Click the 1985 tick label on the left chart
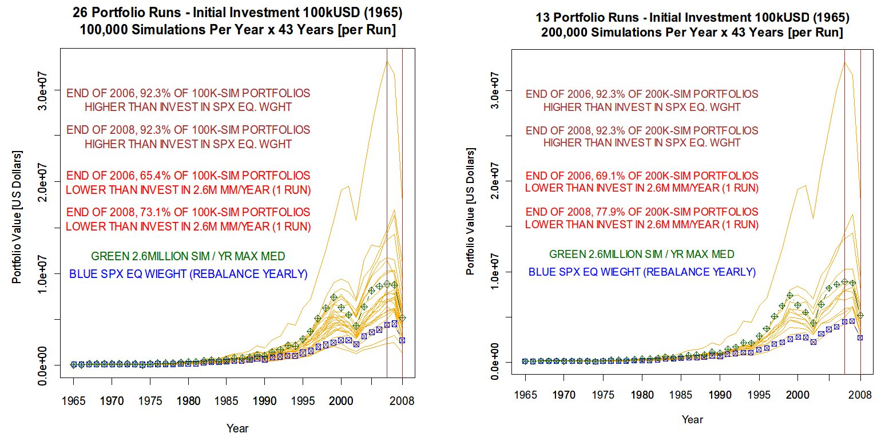click(226, 401)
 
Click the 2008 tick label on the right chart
click(860, 395)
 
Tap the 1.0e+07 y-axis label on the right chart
click(494, 272)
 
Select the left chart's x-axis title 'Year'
click(237, 428)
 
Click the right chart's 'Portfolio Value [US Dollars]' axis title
click(470, 212)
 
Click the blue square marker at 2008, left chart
click(402, 340)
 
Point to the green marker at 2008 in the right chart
click(860, 316)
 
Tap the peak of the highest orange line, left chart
click(387, 61)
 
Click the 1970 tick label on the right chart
click(564, 395)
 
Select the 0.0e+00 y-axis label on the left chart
click(42, 366)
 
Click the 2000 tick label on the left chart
click(341, 401)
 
